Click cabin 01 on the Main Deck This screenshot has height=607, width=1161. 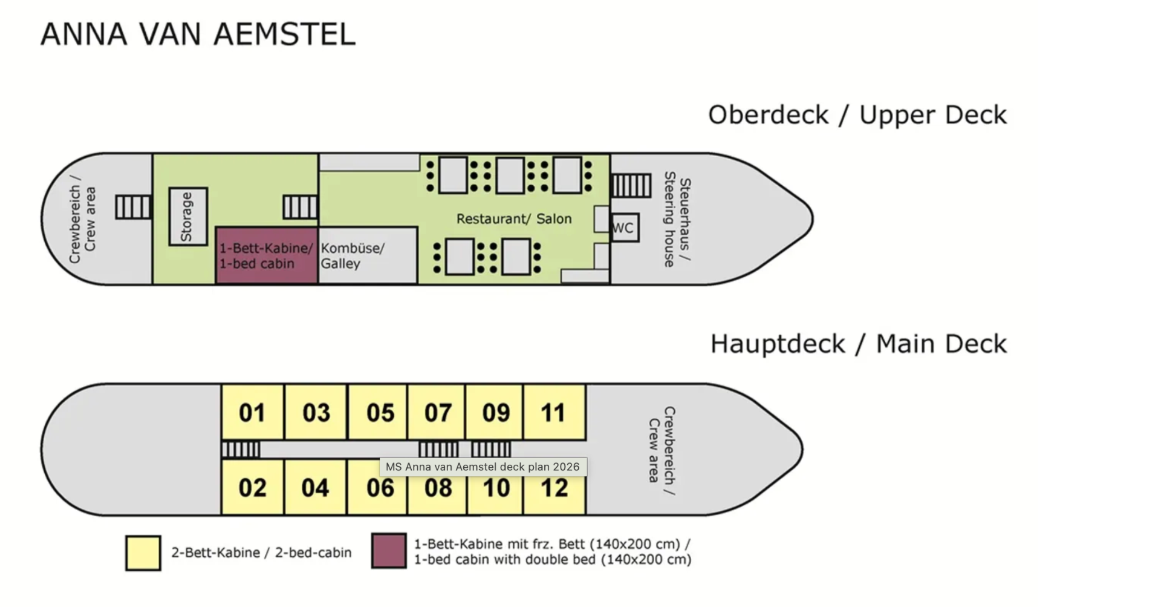[x=253, y=412]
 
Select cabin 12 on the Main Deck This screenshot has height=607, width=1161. [x=554, y=487]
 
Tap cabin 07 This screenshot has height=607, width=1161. [x=437, y=412]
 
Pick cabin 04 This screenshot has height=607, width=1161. [x=316, y=487]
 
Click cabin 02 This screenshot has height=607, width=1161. [x=253, y=487]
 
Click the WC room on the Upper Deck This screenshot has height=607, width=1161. [x=625, y=228]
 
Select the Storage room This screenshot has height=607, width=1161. [x=188, y=217]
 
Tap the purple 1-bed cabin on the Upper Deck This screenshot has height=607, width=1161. [x=267, y=255]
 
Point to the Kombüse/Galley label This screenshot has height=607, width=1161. [x=353, y=255]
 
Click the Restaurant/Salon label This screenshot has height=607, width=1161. [x=514, y=219]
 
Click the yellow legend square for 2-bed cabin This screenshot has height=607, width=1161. [x=143, y=553]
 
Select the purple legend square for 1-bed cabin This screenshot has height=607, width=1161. [x=389, y=551]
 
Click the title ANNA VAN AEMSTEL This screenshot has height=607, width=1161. [x=198, y=34]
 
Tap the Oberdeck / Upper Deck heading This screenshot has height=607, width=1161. [x=857, y=115]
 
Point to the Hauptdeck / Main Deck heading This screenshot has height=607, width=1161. [x=859, y=344]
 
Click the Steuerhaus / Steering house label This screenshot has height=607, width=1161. [x=677, y=219]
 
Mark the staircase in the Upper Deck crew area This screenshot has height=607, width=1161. [x=134, y=208]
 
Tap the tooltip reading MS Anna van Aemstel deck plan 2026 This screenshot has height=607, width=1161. [x=483, y=467]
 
